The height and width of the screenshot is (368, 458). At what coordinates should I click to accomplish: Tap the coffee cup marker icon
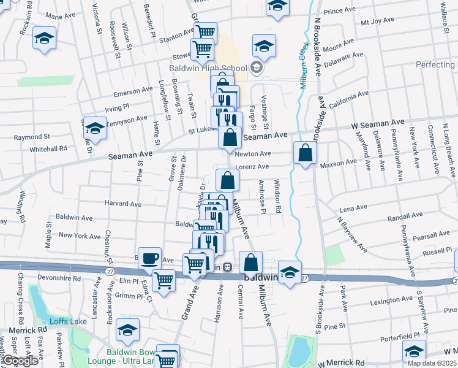149,258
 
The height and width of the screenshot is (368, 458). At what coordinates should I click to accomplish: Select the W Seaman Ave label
378,125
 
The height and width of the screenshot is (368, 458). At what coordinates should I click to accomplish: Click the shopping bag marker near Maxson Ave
305,153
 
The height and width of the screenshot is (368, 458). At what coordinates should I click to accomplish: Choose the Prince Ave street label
340,11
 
